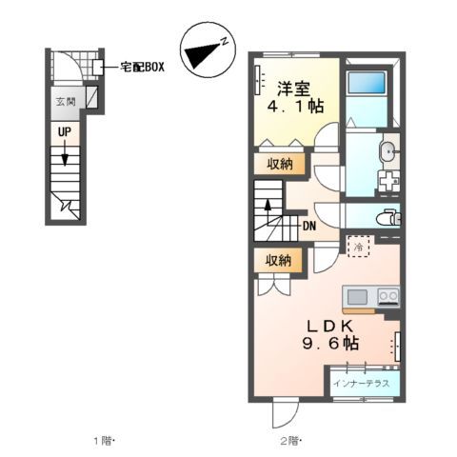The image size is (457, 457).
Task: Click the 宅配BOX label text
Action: click(142, 68)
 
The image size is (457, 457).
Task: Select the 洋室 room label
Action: click(294, 89)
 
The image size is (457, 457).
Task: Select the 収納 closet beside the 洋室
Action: click(278, 164)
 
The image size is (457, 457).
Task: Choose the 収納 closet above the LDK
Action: click(278, 260)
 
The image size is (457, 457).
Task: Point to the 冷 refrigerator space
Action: click(358, 248)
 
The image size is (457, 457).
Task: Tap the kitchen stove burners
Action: click(387, 294)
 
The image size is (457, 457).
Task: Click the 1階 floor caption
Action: click(102, 440)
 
